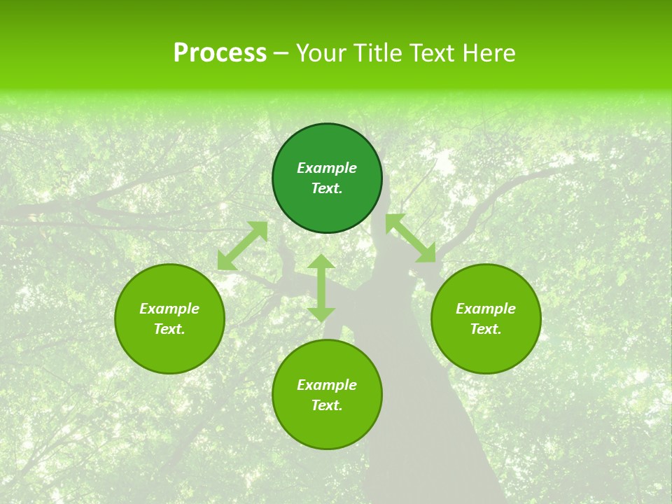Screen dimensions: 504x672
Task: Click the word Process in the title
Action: click(x=220, y=53)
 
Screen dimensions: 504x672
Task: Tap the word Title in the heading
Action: click(x=376, y=53)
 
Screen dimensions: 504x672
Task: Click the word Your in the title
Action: click(x=321, y=53)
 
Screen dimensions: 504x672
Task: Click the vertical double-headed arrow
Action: click(x=321, y=288)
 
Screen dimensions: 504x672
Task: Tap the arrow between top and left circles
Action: click(x=243, y=246)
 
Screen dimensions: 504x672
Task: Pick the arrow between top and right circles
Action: click(x=410, y=239)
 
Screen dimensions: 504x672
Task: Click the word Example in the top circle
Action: click(x=327, y=168)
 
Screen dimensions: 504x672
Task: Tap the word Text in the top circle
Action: click(x=327, y=188)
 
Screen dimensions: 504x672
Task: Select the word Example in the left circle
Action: click(x=169, y=309)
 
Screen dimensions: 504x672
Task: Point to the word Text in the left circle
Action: click(x=169, y=329)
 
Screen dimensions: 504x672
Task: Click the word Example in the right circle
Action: click(x=486, y=309)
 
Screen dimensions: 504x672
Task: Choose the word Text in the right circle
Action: click(x=486, y=329)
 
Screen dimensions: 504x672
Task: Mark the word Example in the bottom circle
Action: click(x=327, y=385)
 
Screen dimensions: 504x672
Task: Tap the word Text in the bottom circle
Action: click(x=327, y=405)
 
